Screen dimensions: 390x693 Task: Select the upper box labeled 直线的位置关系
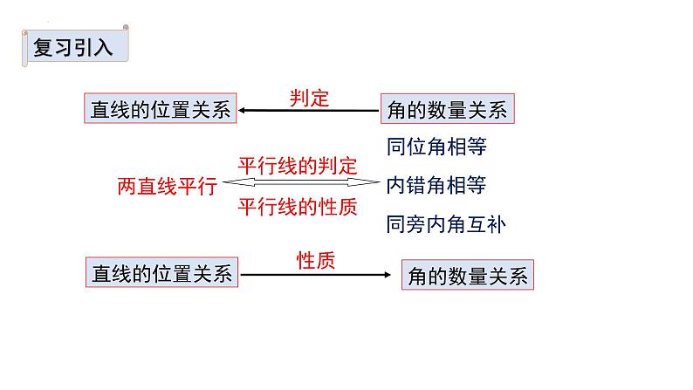(160, 110)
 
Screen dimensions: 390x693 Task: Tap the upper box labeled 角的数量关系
(445, 110)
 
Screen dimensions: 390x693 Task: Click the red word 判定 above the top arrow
(309, 98)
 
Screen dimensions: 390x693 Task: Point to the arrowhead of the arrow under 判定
(244, 110)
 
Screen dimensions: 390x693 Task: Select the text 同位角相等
(436, 146)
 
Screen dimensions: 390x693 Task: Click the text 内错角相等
(436, 185)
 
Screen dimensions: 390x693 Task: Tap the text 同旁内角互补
(445, 224)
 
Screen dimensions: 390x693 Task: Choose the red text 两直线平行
(167, 186)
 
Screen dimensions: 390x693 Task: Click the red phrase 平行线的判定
(298, 166)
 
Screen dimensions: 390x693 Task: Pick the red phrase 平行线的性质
(298, 207)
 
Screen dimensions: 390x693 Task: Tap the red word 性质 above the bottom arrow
(315, 260)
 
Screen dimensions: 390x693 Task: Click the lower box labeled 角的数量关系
(467, 276)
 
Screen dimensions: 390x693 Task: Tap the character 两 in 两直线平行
(127, 186)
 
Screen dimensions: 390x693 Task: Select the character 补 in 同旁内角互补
(496, 224)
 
